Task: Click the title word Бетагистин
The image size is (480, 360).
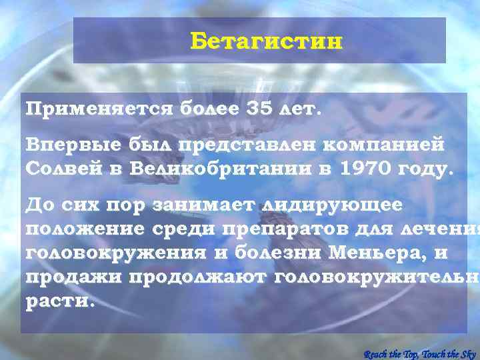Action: [266, 41]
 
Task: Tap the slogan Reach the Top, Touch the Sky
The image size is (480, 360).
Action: [420, 353]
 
